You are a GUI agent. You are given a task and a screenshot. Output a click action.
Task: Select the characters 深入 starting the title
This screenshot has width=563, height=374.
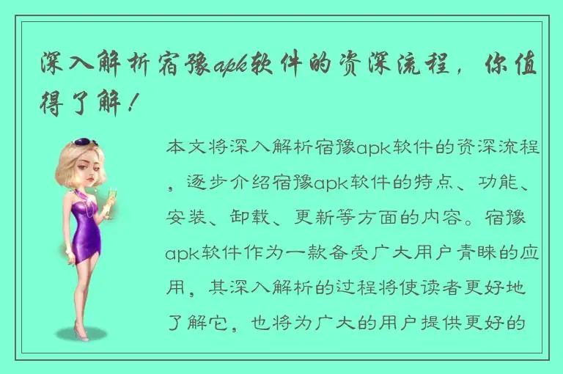click(65, 67)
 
